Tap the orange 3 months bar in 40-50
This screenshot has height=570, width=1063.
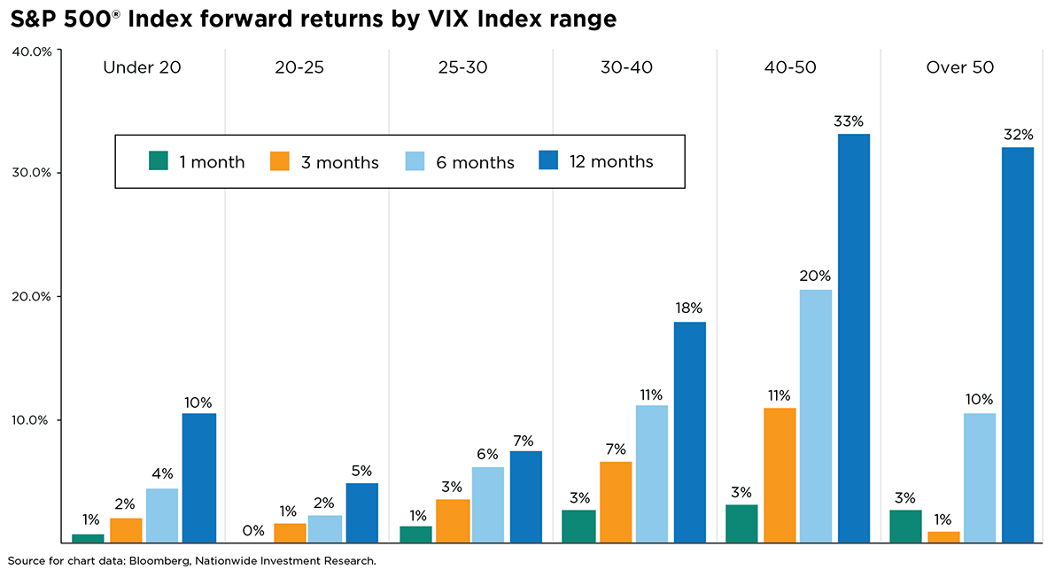tap(779, 475)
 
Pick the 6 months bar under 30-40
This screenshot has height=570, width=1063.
tap(652, 473)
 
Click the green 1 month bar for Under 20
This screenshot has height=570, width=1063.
tap(88, 537)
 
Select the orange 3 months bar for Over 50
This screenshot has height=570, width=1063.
tap(943, 536)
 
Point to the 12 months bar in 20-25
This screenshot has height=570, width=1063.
tap(361, 512)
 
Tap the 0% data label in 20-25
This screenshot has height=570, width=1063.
tap(252, 530)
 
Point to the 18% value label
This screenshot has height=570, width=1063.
tap(689, 308)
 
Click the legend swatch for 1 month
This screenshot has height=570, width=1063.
tap(159, 161)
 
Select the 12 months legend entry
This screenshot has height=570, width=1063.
tap(610, 161)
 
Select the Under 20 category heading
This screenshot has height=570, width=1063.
tap(143, 68)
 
